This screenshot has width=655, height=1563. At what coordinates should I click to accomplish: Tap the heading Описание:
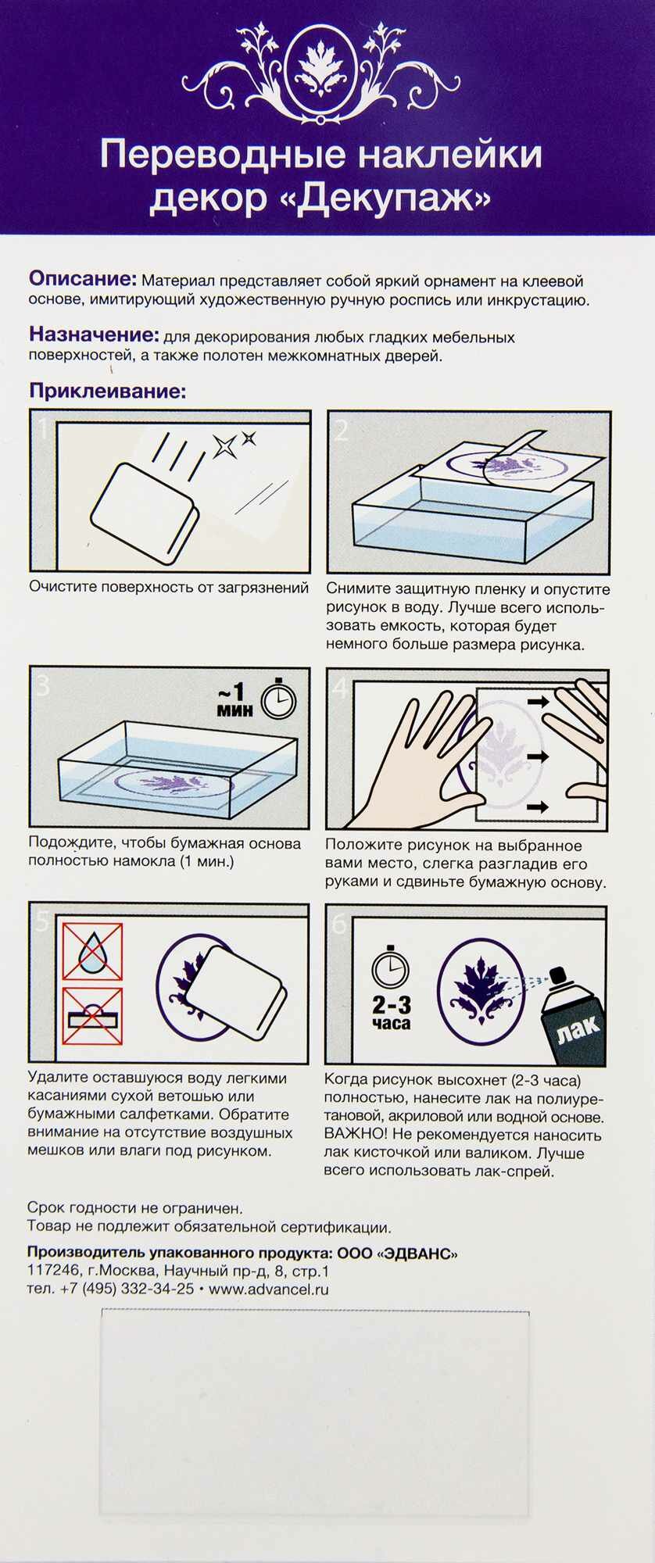tap(83, 279)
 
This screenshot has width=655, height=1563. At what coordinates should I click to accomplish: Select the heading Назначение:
tap(94, 334)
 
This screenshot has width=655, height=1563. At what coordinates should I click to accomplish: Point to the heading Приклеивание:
tap(108, 390)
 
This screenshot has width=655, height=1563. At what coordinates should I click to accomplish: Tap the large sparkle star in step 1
tap(225, 446)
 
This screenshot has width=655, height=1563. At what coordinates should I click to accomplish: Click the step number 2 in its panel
tap(341, 430)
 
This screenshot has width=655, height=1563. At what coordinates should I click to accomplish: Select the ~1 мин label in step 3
tap(235, 699)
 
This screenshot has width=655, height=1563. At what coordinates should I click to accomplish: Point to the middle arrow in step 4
tap(538, 756)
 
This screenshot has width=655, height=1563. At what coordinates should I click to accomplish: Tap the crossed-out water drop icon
tap(92, 951)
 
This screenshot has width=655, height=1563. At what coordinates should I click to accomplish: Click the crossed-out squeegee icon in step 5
tap(92, 1015)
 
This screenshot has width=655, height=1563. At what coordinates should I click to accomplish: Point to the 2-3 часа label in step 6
tap(392, 1013)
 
